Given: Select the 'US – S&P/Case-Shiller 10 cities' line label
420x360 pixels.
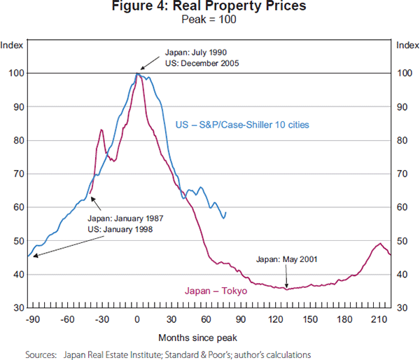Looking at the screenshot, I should (242, 125).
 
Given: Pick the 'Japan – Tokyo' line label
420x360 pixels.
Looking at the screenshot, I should (216, 290).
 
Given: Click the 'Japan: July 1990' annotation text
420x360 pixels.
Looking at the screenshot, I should (195, 53).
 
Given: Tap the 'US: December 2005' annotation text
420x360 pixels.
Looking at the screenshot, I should (203, 63).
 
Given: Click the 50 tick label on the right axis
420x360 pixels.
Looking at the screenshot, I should (402, 241).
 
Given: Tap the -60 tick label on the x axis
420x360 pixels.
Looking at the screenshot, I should (67, 320).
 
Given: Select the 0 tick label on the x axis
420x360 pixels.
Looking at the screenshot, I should (137, 320).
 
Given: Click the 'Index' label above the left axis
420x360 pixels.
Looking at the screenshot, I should (12, 46).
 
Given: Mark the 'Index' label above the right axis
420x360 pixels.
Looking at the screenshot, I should (407, 46).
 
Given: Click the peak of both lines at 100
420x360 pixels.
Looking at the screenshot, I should (138, 73).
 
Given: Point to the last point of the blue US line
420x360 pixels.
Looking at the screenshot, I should (225, 212).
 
